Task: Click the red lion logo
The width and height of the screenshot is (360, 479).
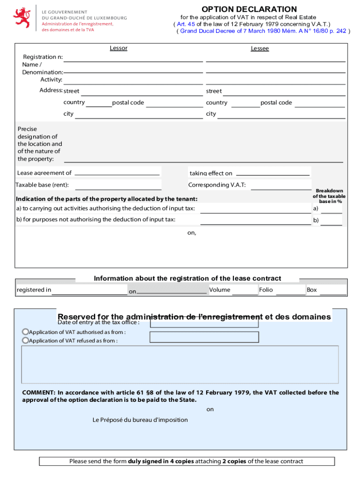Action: [22, 17]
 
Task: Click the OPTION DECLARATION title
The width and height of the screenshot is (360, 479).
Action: [249, 9]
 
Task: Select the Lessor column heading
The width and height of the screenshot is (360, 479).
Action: [118, 48]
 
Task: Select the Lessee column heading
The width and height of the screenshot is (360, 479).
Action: [259, 49]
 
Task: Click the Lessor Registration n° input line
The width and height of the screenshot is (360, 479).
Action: [133, 58]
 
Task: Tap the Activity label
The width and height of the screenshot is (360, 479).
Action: [51, 80]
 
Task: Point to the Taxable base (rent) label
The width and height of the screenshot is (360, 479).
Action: [42, 185]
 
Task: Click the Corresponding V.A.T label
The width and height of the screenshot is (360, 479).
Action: [217, 185]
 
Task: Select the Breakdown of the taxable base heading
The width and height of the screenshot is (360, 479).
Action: [330, 196]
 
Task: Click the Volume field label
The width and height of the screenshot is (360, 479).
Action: [220, 290]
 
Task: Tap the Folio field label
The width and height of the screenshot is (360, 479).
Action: [266, 290]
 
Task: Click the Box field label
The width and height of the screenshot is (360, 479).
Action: [312, 290]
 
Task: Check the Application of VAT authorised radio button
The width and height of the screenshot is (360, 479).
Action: [25, 332]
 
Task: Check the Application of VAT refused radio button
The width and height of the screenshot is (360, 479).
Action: [25, 341]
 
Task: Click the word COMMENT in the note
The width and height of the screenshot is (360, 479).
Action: [39, 392]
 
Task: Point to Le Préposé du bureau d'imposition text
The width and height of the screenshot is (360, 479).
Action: [140, 420]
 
